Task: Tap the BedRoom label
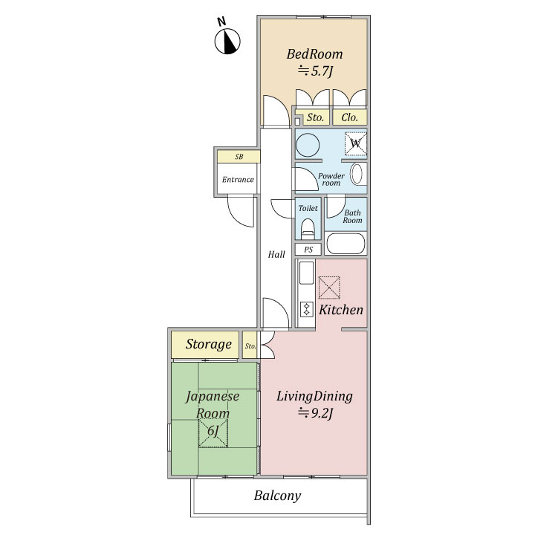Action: point(314,54)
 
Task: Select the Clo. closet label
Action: point(350,117)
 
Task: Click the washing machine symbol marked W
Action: point(355,143)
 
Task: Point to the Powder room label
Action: point(331,180)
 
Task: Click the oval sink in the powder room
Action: point(357,175)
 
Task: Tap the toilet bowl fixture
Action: point(308,229)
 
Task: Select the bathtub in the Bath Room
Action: point(346,243)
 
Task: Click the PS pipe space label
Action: point(308,250)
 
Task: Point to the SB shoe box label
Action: point(239,157)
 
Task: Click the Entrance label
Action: point(238,180)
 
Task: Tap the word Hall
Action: point(276,254)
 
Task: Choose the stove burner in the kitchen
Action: point(306,309)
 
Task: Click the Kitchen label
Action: point(341,310)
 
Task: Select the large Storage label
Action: point(209,344)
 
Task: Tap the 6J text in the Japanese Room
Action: point(213,430)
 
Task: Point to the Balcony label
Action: point(277,496)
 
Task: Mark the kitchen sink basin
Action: point(306,273)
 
